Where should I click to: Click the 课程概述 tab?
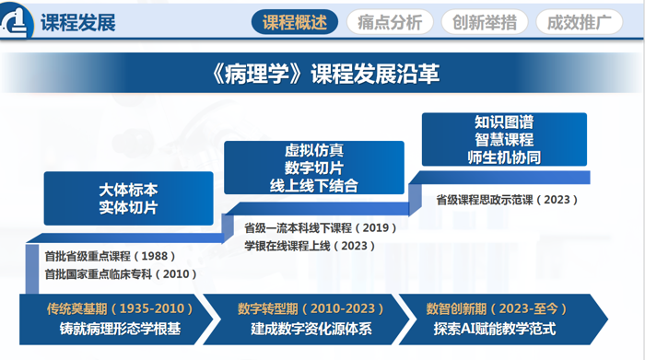tap(295, 22)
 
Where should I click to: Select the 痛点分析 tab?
tap(390, 22)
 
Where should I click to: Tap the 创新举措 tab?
tap(485, 22)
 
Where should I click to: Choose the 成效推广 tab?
tap(580, 22)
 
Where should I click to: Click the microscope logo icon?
tap(17, 20)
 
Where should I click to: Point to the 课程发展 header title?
tap(78, 22)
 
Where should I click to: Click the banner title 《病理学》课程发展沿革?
tap(324, 74)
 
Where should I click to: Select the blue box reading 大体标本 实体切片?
tap(128, 199)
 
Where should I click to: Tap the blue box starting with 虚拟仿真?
tap(314, 168)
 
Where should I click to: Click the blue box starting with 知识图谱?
tap(504, 139)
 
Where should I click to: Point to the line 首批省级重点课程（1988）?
tap(111, 256)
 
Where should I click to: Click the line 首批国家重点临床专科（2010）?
tap(121, 274)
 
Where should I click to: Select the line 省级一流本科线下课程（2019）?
tap(321, 227)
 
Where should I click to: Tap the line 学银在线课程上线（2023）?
tap(310, 246)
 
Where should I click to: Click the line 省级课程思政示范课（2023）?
tap(507, 200)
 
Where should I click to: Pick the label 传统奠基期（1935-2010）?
tap(120, 308)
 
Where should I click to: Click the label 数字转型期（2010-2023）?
tap(311, 308)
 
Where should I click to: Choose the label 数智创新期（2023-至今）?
tap(497, 308)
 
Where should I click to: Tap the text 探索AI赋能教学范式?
tap(495, 329)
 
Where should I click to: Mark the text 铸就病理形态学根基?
tap(120, 329)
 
